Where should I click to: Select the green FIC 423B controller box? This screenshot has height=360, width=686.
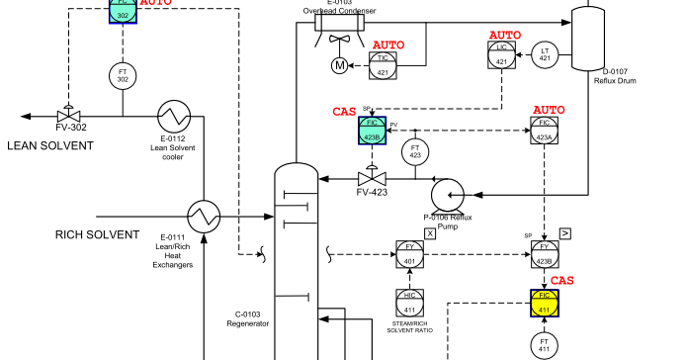(x=372, y=131)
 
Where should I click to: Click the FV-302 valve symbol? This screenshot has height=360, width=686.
(x=70, y=115)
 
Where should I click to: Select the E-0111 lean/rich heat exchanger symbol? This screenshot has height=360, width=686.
(x=205, y=214)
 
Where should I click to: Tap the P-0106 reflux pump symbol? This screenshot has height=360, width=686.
(x=447, y=192)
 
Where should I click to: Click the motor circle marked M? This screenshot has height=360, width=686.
(x=339, y=66)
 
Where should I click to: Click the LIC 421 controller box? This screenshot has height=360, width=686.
(x=501, y=54)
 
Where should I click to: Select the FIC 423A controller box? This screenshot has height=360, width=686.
(x=545, y=131)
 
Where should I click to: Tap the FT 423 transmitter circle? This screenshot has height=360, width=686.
(x=415, y=151)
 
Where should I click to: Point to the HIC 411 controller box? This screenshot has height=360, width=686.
(x=410, y=303)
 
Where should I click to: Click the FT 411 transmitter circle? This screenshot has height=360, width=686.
(x=545, y=344)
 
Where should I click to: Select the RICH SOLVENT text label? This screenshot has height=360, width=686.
(x=98, y=234)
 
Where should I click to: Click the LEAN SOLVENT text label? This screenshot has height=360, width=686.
(x=50, y=145)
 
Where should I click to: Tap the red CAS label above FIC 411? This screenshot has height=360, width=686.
(x=561, y=281)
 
